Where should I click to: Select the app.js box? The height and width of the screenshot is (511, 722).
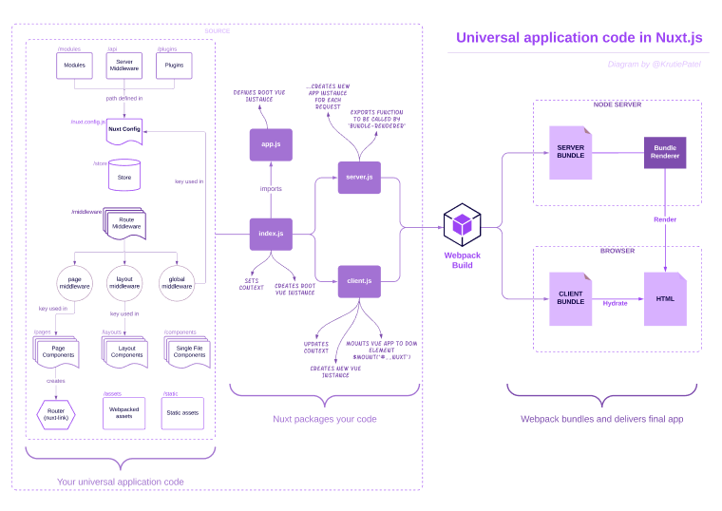tap(271, 143)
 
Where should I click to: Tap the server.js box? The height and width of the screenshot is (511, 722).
tap(359, 177)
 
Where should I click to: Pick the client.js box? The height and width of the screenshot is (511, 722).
tap(359, 282)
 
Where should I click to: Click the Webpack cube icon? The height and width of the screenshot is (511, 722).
tap(462, 225)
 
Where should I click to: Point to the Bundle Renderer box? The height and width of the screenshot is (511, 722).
tap(665, 152)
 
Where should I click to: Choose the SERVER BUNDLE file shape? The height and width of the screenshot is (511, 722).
tap(570, 152)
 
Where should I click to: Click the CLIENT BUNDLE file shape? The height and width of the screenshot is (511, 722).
tap(570, 299)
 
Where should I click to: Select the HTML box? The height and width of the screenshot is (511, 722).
tap(665, 299)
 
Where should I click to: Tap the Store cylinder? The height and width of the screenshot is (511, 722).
tap(123, 175)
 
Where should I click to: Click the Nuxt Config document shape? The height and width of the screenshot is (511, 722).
tap(123, 130)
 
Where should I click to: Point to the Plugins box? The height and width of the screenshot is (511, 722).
tap(174, 66)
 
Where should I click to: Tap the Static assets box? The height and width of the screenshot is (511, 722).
tap(181, 413)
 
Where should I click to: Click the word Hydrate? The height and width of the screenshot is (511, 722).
tap(616, 303)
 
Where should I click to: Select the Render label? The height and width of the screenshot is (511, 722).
tap(665, 219)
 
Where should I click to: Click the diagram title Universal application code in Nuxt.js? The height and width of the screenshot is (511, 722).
tap(579, 38)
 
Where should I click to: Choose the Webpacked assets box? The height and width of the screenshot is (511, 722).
tap(123, 413)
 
